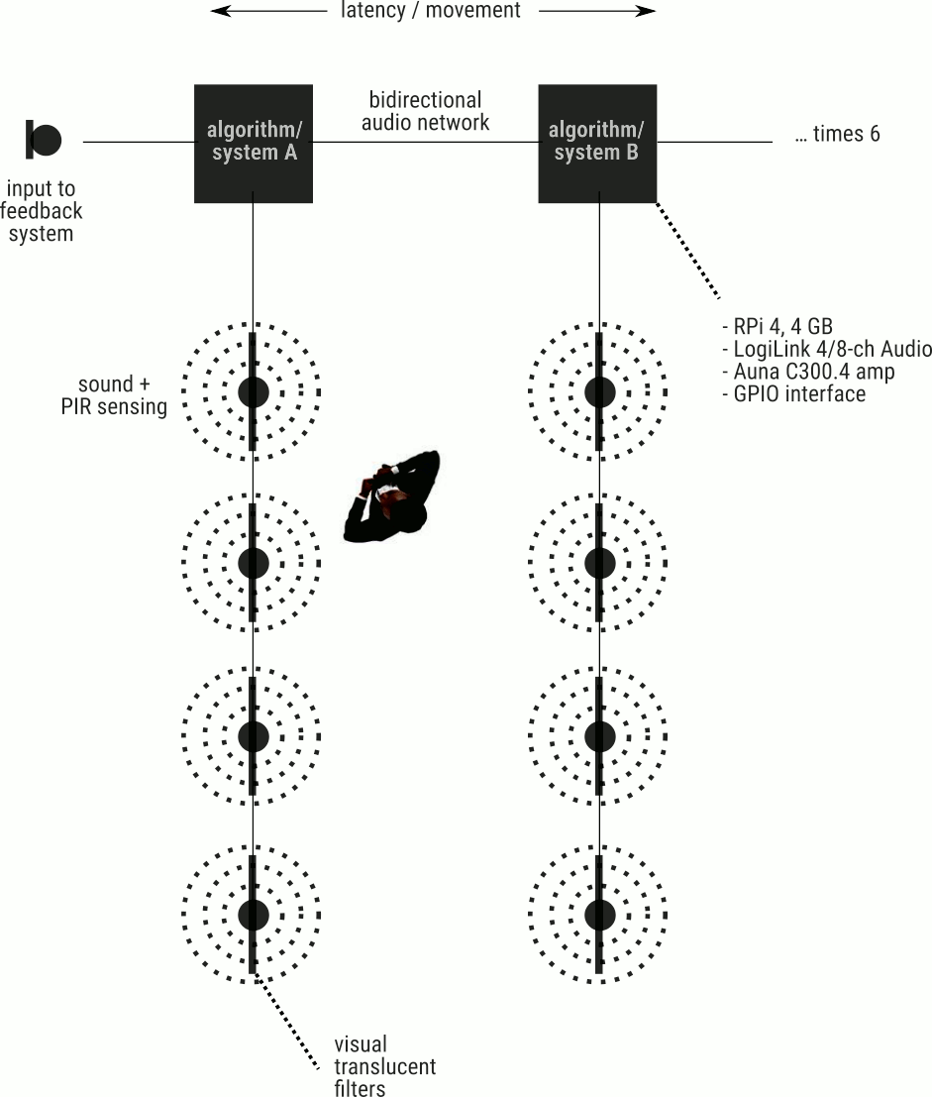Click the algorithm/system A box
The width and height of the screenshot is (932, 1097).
tap(254, 143)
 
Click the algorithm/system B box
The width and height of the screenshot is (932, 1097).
tap(597, 143)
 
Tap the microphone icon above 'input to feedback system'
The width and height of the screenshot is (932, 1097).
tap(44, 140)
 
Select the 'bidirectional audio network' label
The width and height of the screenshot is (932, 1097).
tap(425, 111)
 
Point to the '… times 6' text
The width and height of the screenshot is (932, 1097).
tap(837, 134)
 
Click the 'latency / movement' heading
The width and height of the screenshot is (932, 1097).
tap(431, 11)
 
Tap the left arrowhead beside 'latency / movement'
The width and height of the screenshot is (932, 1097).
tap(218, 11)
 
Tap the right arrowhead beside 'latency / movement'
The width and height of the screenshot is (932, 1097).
tap(648, 11)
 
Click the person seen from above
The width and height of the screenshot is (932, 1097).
tap(393, 498)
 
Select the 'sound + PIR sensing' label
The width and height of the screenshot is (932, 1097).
tap(114, 395)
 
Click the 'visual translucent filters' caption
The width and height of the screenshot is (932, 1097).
tap(385, 1066)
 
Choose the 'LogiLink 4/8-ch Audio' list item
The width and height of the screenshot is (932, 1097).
tap(827, 349)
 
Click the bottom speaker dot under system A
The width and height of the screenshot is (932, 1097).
tap(254, 914)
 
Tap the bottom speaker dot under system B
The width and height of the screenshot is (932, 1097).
tap(598, 914)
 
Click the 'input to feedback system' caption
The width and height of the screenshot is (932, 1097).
tap(42, 211)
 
